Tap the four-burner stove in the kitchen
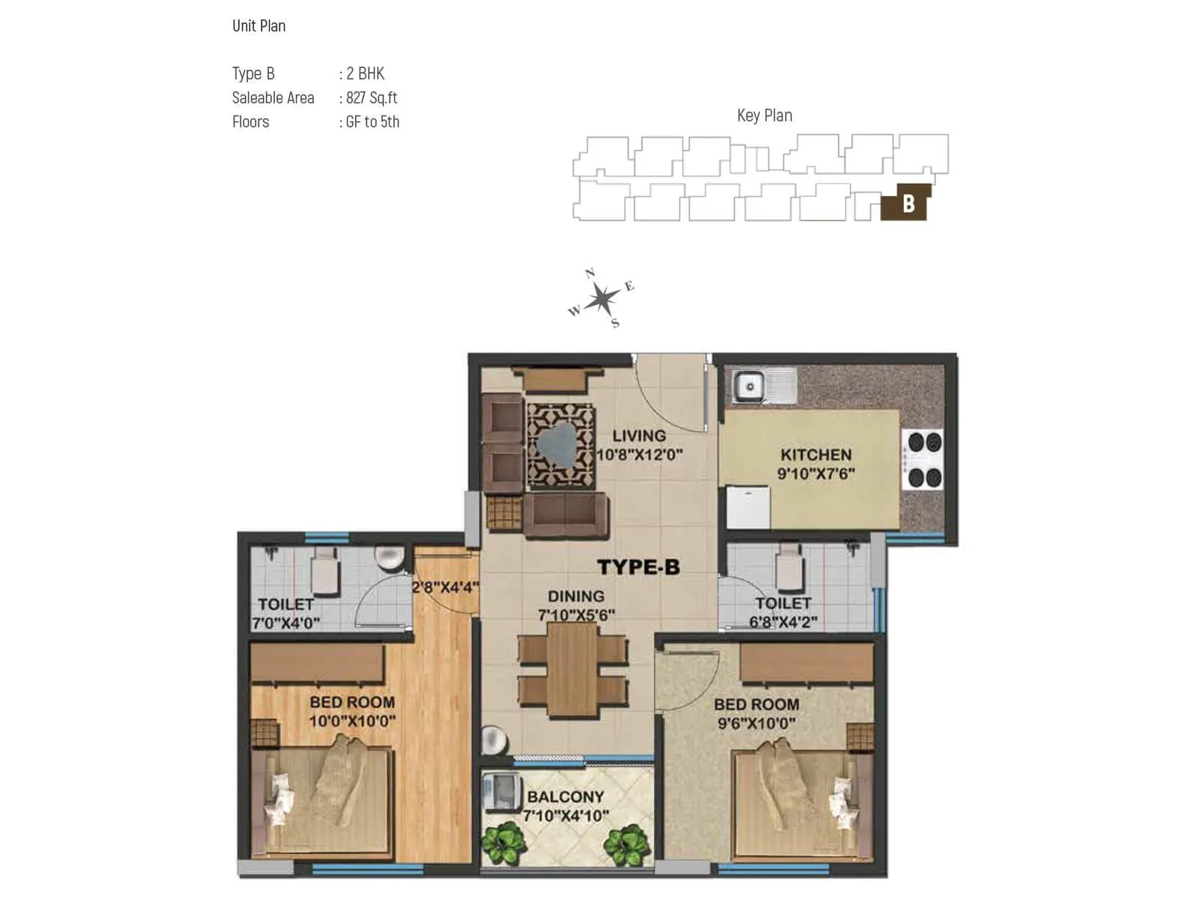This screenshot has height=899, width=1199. [922, 459]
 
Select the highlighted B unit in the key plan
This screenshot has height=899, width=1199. [907, 203]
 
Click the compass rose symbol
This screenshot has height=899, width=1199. [602, 300]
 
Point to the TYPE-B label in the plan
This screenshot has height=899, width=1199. [638, 567]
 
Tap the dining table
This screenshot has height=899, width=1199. [573, 670]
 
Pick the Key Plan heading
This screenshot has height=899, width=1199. [764, 115]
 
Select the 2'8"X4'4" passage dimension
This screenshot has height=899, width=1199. [445, 587]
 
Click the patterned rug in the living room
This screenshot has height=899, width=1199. [560, 447]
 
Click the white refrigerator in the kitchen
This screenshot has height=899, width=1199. [748, 508]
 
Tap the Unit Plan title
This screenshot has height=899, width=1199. [259, 26]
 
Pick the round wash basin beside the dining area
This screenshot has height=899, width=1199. [494, 740]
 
